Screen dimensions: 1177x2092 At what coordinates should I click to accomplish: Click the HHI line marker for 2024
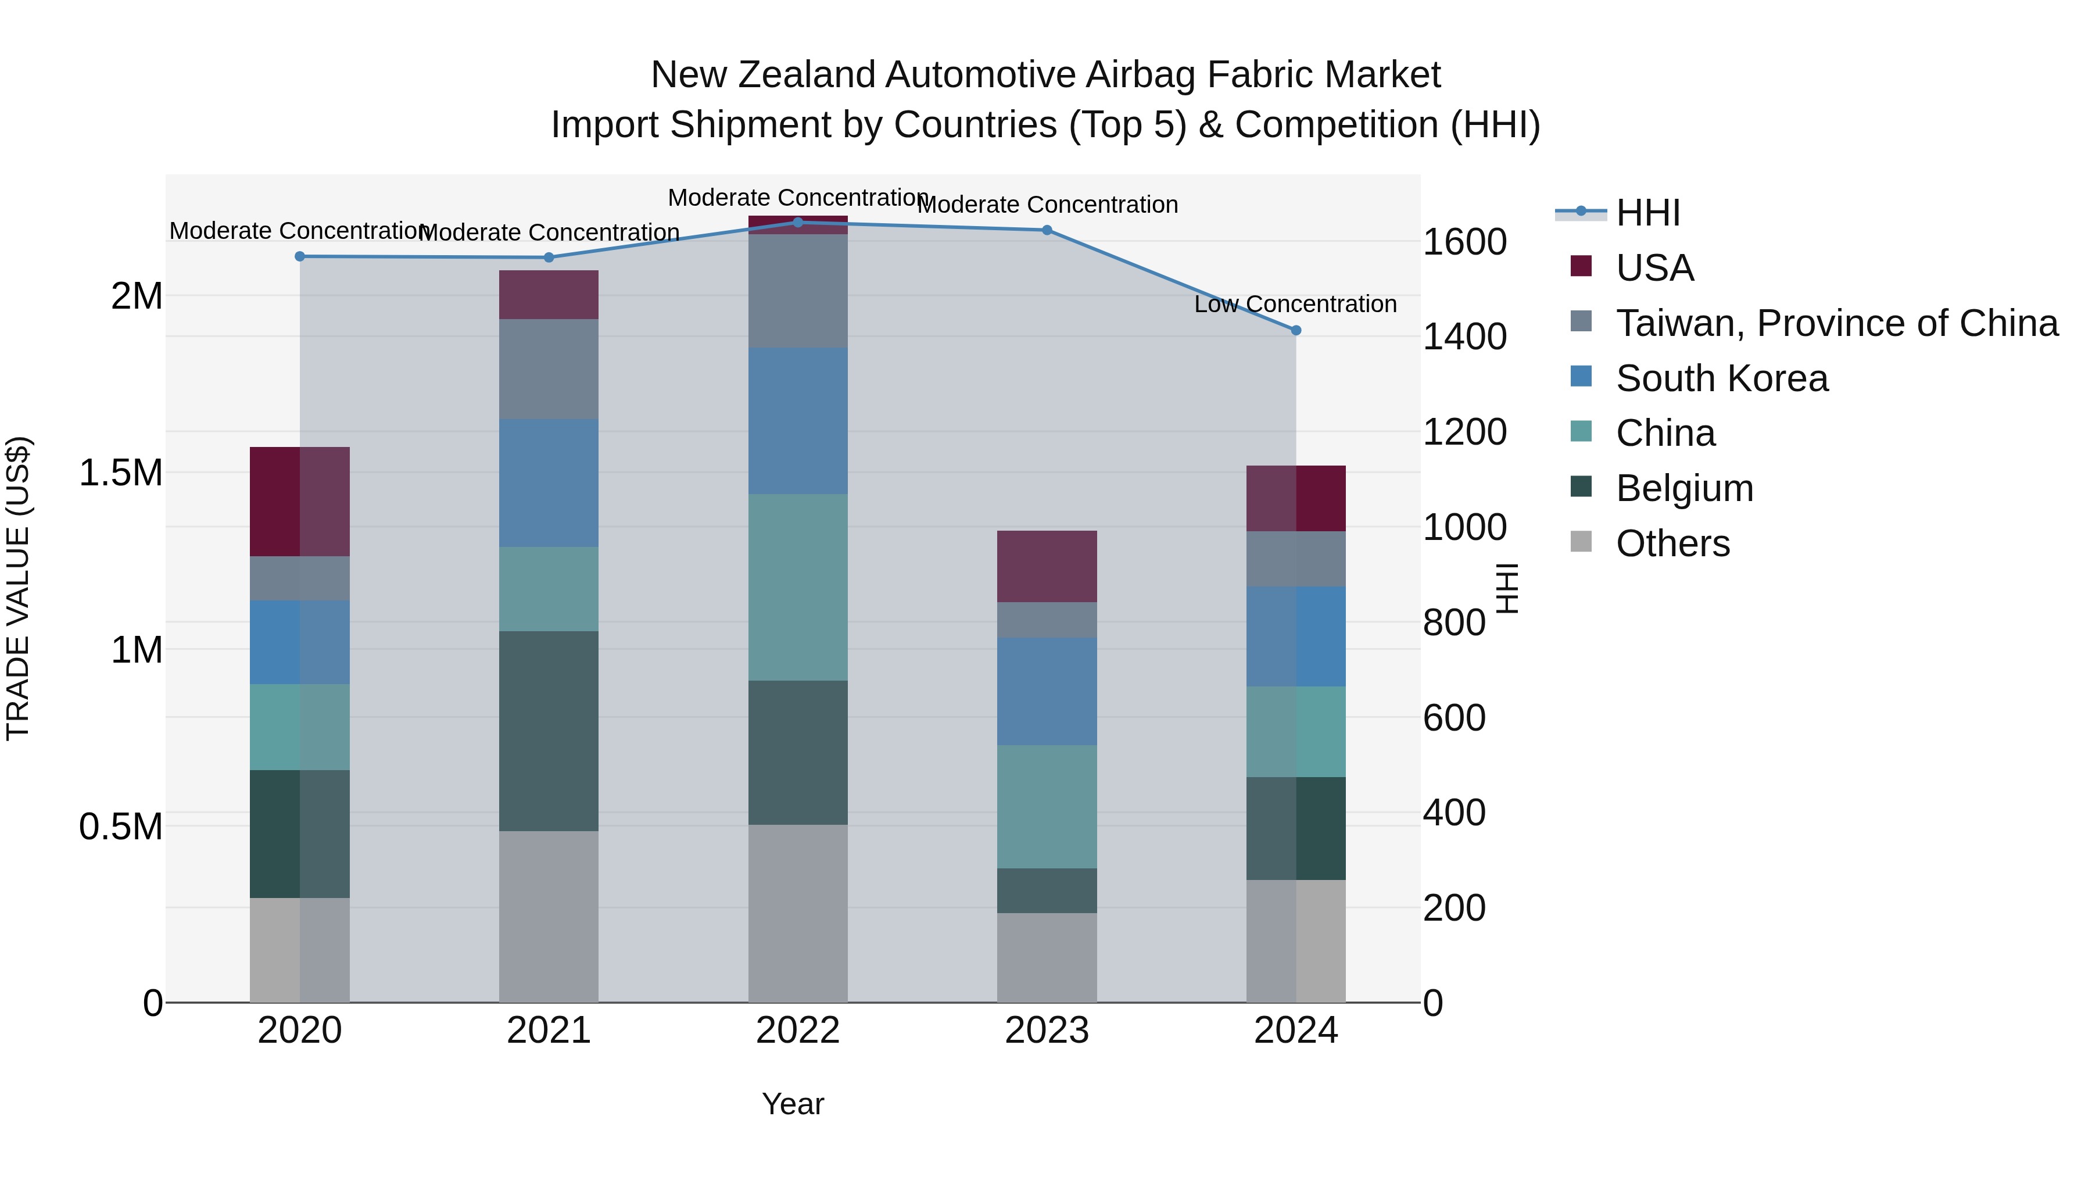tap(1296, 331)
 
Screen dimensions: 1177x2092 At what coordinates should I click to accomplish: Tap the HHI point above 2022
tap(797, 223)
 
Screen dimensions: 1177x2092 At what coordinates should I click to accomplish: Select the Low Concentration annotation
tap(1295, 304)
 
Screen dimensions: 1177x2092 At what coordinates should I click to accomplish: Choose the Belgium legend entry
tap(1683, 488)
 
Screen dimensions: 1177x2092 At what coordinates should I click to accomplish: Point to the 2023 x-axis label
tap(1046, 1031)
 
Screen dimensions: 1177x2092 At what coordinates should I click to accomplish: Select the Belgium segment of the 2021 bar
tap(548, 731)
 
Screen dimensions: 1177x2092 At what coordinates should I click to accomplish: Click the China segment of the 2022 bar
tap(797, 587)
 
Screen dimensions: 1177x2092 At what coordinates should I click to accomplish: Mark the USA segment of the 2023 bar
tap(1046, 566)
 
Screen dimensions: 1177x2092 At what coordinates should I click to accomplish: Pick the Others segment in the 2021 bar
tap(548, 916)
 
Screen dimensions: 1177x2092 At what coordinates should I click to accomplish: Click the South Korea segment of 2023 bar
tap(1046, 691)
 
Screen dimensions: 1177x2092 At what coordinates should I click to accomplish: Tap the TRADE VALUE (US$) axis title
tap(18, 588)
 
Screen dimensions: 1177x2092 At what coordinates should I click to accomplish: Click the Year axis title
tap(793, 1104)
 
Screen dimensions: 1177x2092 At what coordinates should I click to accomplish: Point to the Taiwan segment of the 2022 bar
tap(797, 291)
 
